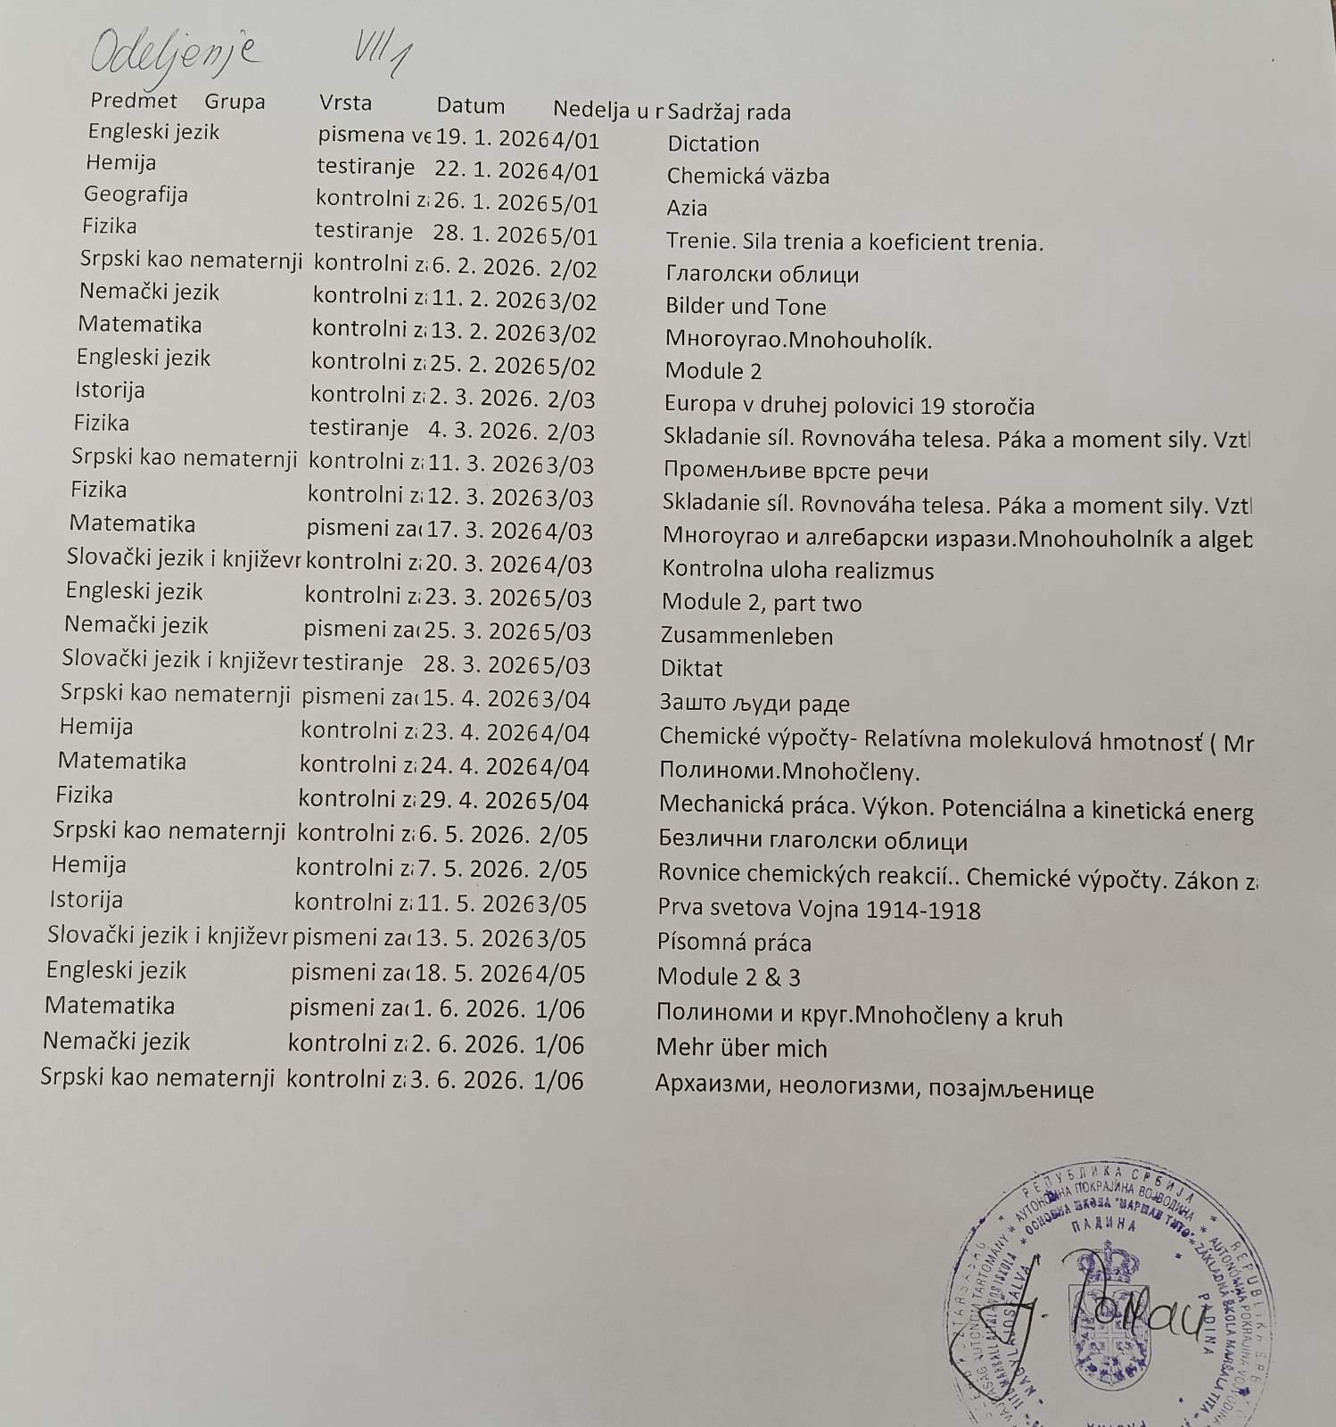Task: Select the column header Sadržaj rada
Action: click(x=729, y=112)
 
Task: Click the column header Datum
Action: click(x=470, y=106)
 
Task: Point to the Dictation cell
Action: click(x=713, y=144)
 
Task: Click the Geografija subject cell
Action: click(x=136, y=194)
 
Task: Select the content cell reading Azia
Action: click(x=687, y=208)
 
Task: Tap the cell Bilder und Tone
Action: click(x=746, y=307)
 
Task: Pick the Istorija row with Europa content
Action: click(x=110, y=391)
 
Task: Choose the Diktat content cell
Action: click(x=691, y=668)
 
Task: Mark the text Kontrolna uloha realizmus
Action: click(x=797, y=570)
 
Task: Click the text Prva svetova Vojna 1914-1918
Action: click(x=819, y=910)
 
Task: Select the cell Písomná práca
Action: click(x=734, y=943)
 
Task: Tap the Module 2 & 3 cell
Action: click(x=729, y=977)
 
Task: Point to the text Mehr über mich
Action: click(x=741, y=1047)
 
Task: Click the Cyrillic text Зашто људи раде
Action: click(x=754, y=703)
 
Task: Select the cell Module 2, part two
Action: click(x=761, y=603)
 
